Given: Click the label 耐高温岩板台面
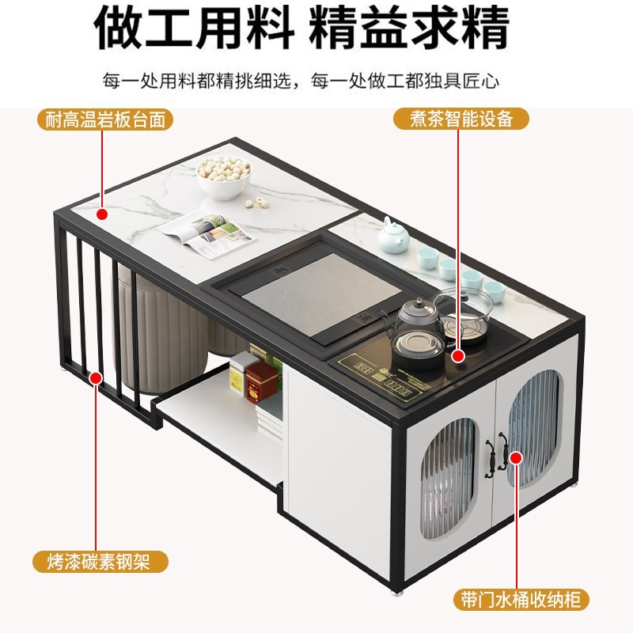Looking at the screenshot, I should [105, 120].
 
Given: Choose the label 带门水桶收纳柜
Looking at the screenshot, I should [522, 599].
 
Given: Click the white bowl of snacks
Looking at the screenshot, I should [224, 175].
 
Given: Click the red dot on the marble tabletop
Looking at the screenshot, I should [101, 214].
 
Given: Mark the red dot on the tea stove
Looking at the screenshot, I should [458, 356].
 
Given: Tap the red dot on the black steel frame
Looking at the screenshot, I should [96, 378].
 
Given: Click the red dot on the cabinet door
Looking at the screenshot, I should [516, 457].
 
